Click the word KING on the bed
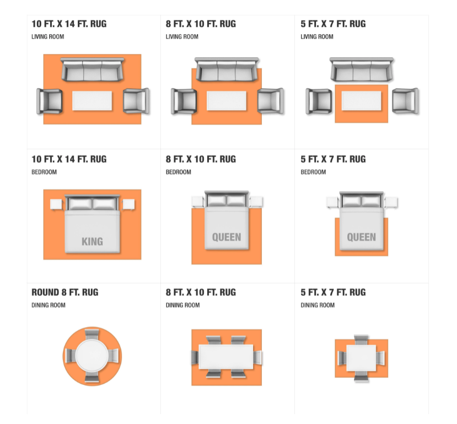pos(92,242)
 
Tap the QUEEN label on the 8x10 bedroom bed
pos(227,237)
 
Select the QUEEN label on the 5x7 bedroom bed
pos(362,237)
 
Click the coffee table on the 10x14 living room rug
pos(92,100)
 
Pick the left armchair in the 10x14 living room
pos(49,101)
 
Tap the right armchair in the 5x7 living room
pos(405,101)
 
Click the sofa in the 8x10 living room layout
pos(227,69)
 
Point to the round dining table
pos(92,356)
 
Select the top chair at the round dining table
pos(92,334)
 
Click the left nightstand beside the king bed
pos(56,204)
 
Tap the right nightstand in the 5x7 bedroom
pos(391,202)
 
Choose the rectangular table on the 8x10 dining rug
pos(226,357)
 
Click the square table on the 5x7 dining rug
pos(362,358)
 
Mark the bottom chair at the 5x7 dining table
pos(362,377)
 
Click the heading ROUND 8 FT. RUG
pos(65,293)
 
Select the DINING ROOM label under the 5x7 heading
pos(318,305)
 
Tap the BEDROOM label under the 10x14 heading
pos(44,172)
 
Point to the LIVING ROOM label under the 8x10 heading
pos(182,37)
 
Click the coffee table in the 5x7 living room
pos(362,100)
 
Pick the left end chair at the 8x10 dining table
pos(195,357)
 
